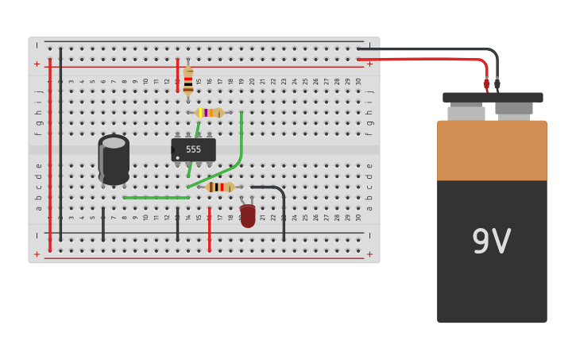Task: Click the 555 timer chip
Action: coord(193,149)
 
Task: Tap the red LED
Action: coord(248,215)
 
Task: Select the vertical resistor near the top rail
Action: coord(188,80)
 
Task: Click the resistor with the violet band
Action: coord(209,113)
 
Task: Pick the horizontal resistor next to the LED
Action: coord(219,187)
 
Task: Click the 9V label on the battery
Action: coord(491,242)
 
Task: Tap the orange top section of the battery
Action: coord(492,150)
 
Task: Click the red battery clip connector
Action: coord(486,83)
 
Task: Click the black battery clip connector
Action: coord(497,83)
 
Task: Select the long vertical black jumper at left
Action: coord(60,143)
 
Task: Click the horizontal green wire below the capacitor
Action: coord(156,197)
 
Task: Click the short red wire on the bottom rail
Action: coord(209,231)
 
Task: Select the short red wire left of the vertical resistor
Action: coord(177,75)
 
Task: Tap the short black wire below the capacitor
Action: coord(102,224)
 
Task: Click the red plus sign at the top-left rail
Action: coord(37,64)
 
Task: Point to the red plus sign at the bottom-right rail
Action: coord(369,254)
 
